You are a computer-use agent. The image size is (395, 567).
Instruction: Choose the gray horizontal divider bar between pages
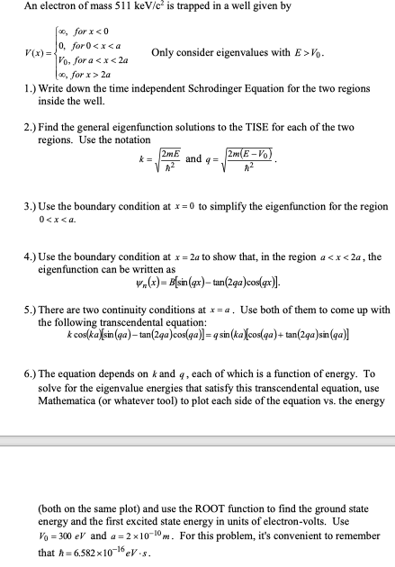(197, 440)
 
